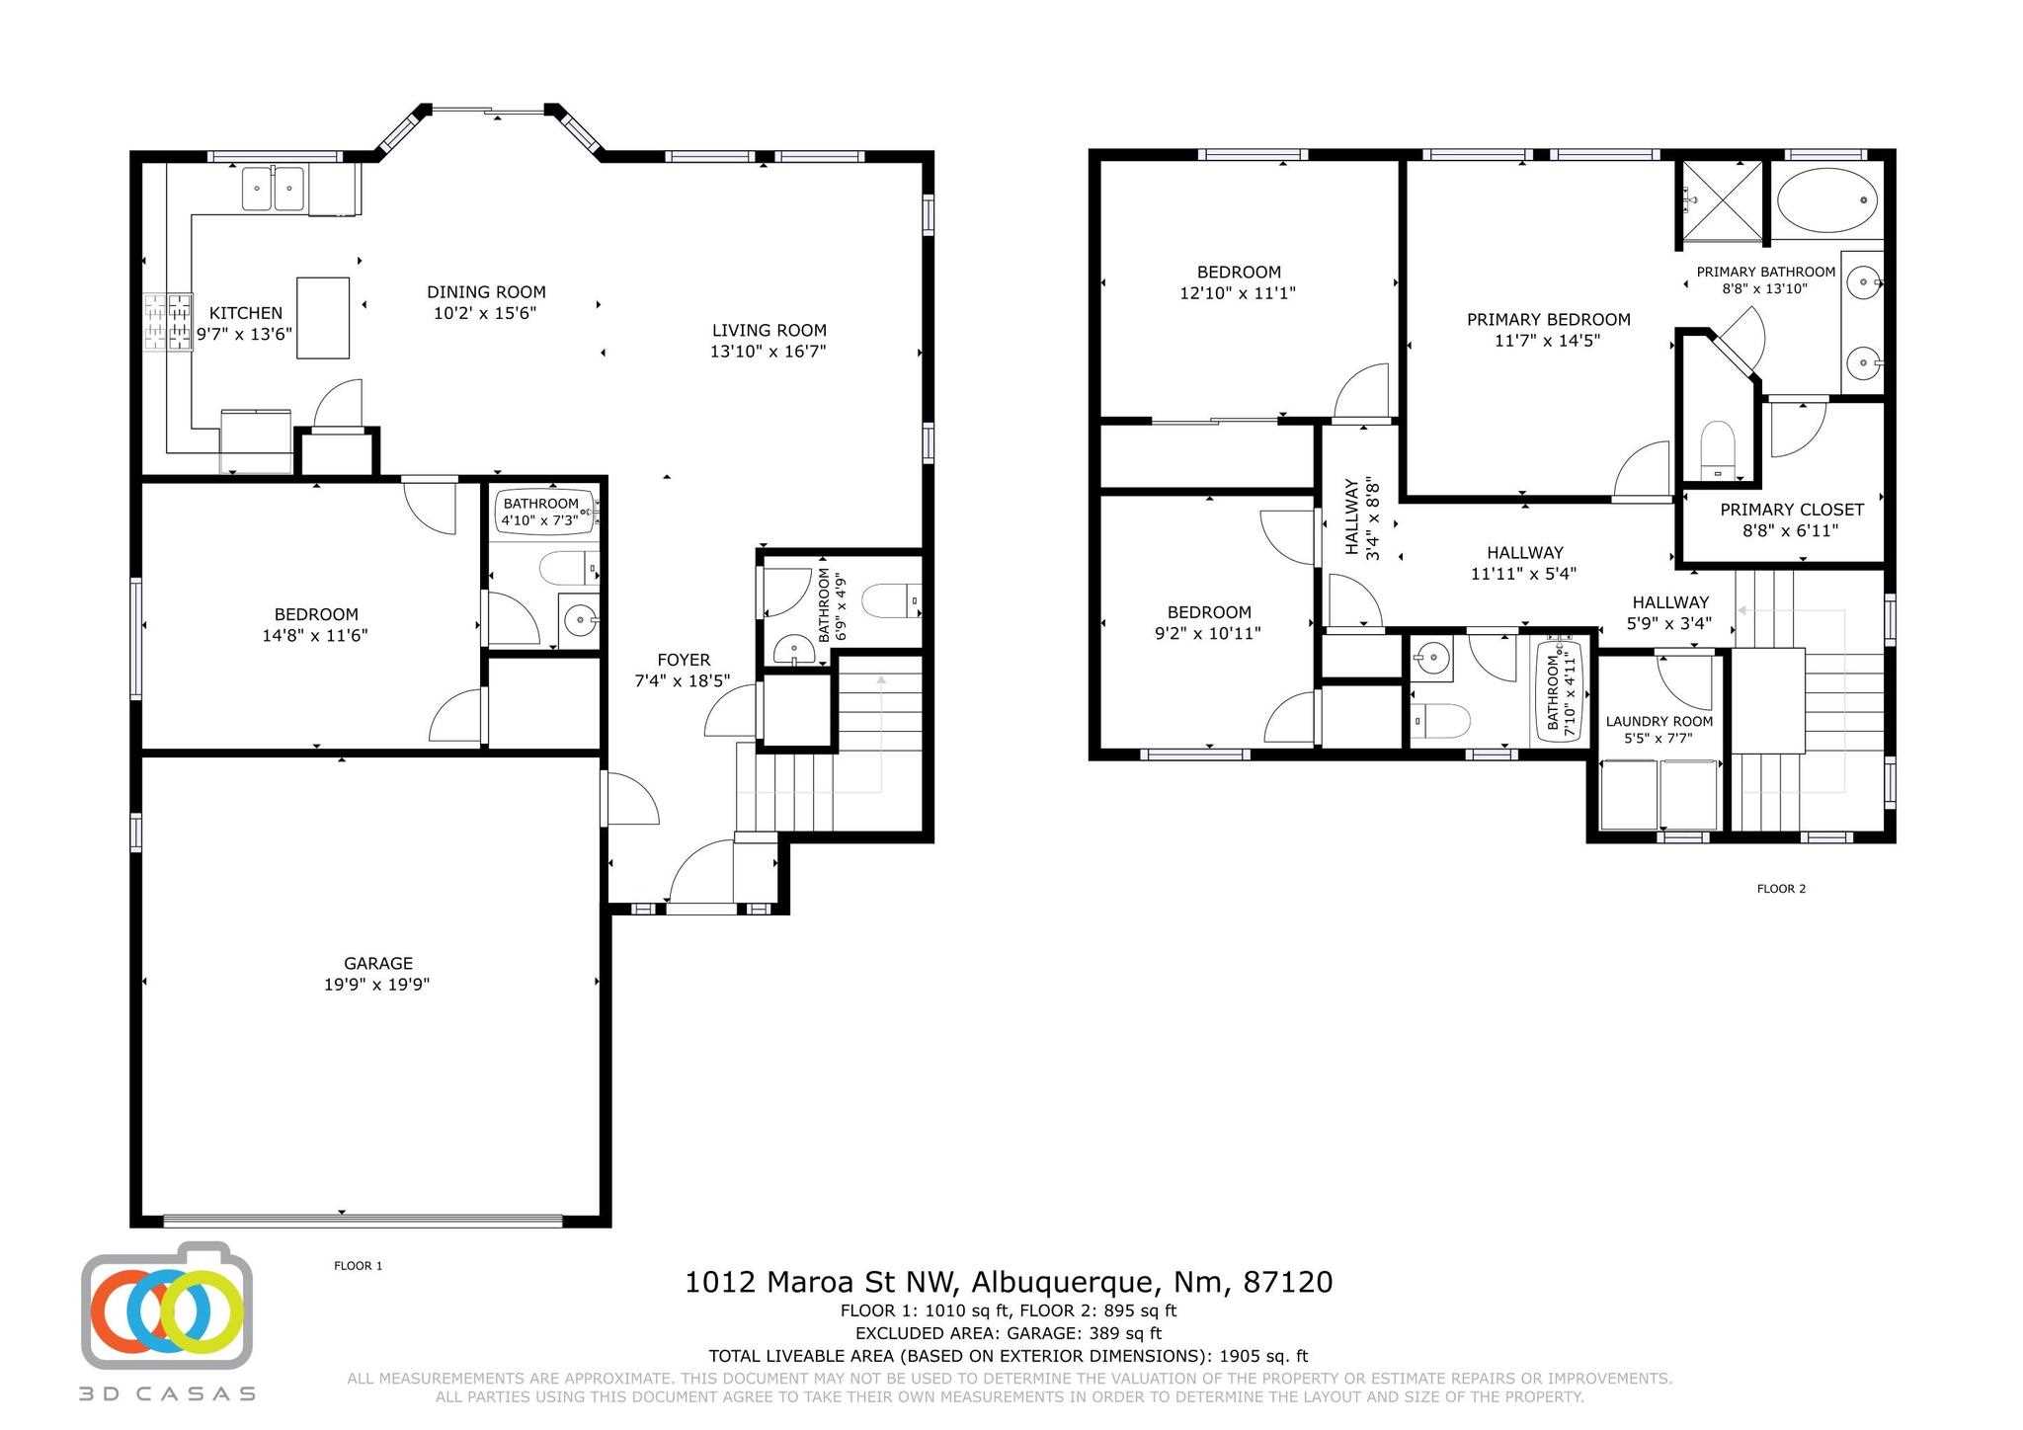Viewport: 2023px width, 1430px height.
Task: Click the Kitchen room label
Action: coord(246,313)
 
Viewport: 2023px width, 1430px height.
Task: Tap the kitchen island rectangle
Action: coord(323,317)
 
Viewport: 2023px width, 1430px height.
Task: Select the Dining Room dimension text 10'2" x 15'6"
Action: coord(485,313)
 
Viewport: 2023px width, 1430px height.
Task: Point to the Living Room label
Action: coord(769,330)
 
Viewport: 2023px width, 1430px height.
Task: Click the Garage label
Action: coord(378,963)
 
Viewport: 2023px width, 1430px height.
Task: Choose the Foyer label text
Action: coord(684,660)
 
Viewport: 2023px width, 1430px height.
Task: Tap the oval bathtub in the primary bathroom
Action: coord(1826,200)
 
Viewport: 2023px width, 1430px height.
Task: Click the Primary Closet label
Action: coord(1792,510)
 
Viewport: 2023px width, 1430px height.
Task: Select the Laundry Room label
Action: coord(1659,721)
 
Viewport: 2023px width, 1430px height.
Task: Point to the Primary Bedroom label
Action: coord(1549,319)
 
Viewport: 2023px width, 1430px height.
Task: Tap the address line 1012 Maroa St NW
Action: coord(820,1282)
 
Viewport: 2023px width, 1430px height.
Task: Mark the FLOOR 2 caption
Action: coord(1781,889)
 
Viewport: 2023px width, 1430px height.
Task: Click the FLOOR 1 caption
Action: coord(359,1266)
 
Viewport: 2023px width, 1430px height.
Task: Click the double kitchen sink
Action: coord(274,189)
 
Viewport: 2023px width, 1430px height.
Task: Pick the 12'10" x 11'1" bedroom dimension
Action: coord(1238,293)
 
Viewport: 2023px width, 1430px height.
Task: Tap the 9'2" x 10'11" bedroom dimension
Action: coord(1208,633)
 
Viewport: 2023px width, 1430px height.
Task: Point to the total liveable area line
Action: coord(1009,1357)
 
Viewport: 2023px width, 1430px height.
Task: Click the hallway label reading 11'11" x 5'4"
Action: coord(1524,574)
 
